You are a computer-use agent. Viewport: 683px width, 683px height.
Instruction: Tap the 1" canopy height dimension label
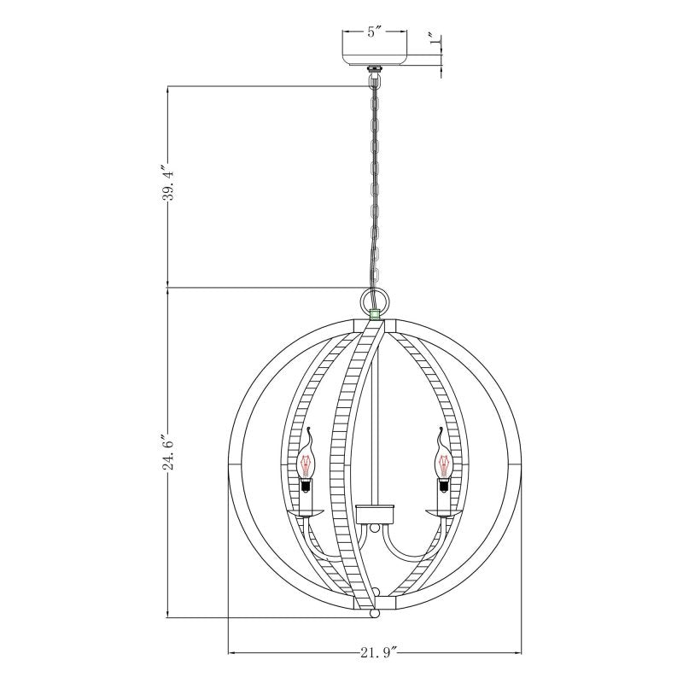pos(435,39)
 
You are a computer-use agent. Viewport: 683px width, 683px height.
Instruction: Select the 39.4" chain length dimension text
pos(169,182)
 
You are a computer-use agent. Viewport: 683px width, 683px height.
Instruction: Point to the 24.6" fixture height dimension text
pos(169,452)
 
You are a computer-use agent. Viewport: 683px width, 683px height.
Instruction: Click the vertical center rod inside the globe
pos(377,427)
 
